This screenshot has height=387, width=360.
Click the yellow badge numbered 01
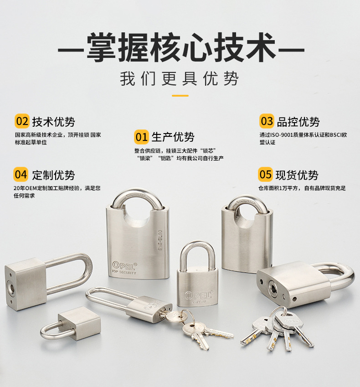[x=141, y=137]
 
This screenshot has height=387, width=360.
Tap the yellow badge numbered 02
[x=22, y=121]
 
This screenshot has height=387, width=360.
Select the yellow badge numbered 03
[x=267, y=121]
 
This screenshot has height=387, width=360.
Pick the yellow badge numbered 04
[x=21, y=175]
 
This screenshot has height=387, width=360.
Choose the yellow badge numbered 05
[x=266, y=175]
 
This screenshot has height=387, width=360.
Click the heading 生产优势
[x=173, y=137]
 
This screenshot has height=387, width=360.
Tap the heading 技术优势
[x=53, y=122]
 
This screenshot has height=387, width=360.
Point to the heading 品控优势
[x=298, y=122]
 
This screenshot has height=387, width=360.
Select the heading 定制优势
[x=53, y=175]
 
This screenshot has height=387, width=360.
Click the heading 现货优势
[x=297, y=175]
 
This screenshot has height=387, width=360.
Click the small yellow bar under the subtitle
[x=180, y=96]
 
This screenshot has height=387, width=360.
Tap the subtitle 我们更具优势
[x=180, y=79]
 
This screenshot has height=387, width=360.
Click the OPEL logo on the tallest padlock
[x=124, y=265]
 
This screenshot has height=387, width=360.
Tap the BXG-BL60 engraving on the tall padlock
[x=160, y=240]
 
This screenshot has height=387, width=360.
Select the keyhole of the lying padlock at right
[x=273, y=287]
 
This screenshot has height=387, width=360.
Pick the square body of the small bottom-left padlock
[x=79, y=323]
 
